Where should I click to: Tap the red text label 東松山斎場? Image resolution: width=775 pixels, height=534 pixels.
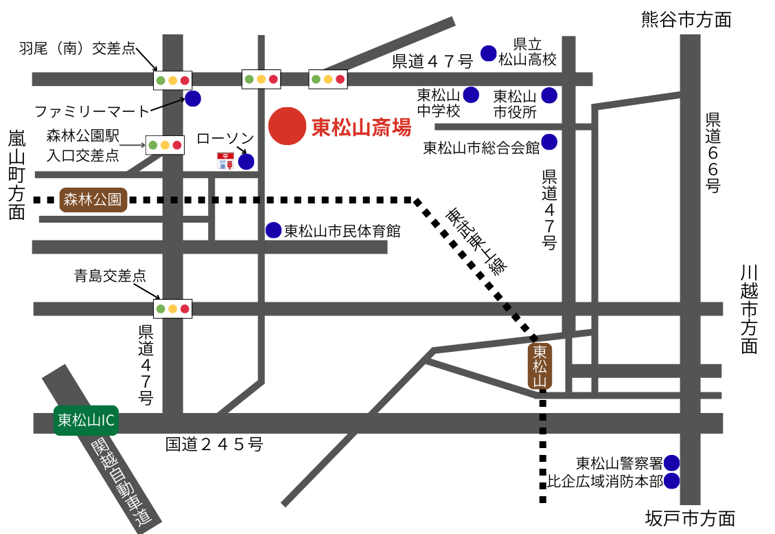tap(361, 128)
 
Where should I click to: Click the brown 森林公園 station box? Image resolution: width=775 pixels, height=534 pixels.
tap(93, 200)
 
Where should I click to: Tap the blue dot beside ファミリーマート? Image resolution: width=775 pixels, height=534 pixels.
tap(193, 99)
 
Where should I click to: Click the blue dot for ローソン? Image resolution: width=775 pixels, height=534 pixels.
tap(246, 162)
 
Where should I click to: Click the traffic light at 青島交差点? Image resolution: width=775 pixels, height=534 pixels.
tap(172, 309)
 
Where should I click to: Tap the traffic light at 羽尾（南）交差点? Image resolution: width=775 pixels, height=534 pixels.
tap(172, 80)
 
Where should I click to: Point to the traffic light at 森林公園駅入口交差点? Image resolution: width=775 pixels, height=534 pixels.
tap(165, 145)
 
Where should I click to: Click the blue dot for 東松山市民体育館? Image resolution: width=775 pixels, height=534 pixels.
tap(274, 230)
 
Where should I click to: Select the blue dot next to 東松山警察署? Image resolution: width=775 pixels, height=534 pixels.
tap(671, 463)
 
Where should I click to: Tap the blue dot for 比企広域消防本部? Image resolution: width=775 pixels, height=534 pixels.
tap(671, 481)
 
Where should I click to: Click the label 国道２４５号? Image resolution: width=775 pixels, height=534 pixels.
tap(214, 445)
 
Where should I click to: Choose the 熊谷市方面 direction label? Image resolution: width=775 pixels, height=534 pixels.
tap(686, 19)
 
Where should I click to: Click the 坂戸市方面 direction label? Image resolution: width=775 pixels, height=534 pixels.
tap(691, 518)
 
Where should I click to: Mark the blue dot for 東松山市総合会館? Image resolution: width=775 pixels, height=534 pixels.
tap(549, 142)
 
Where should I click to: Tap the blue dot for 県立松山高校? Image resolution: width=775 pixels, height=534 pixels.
tap(488, 53)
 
